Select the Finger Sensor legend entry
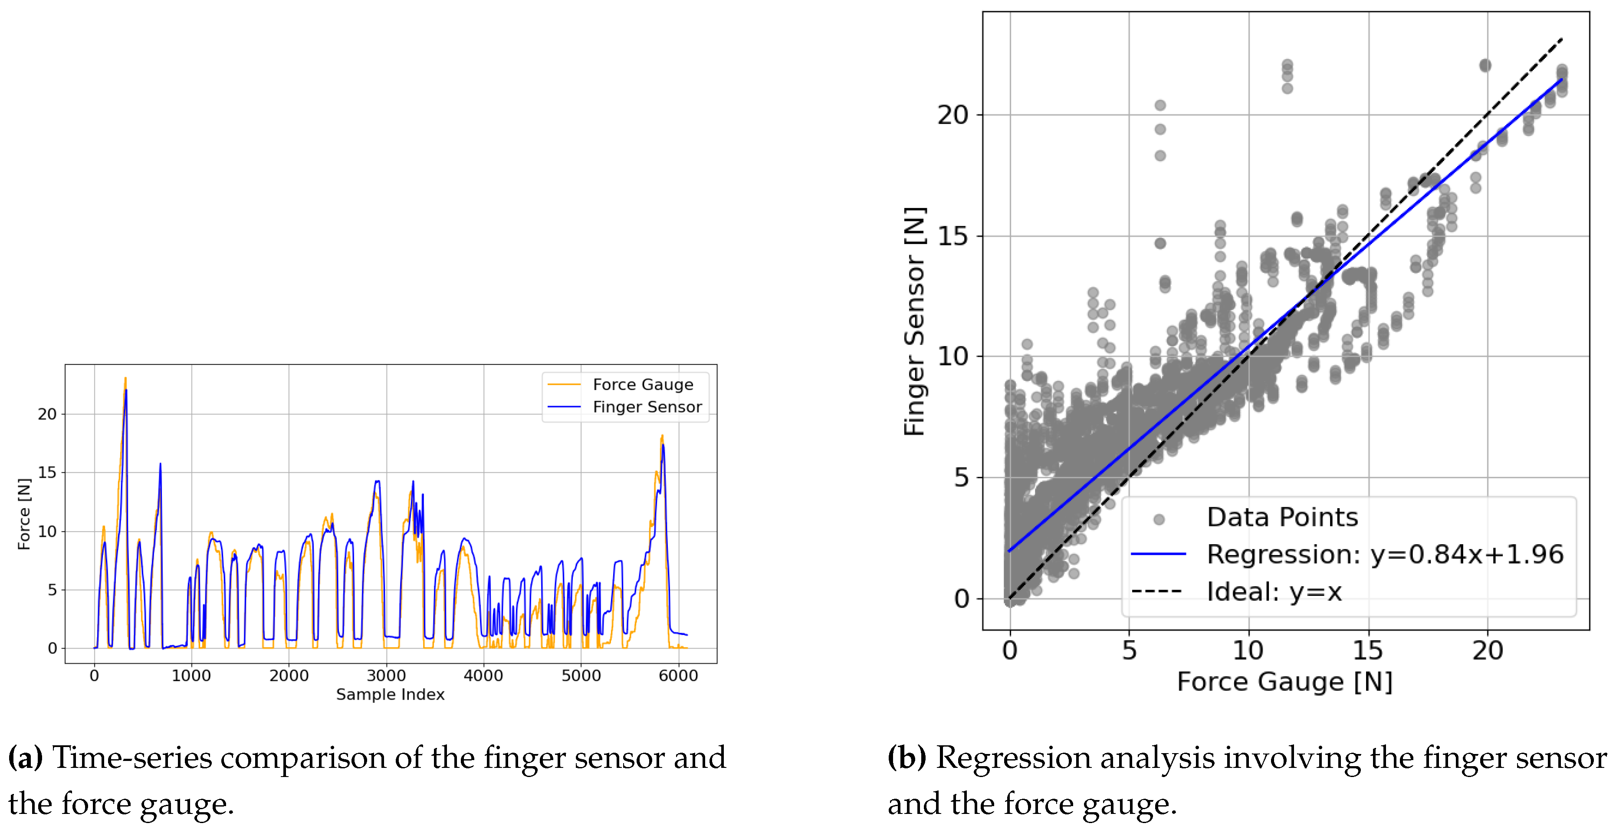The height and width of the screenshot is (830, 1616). [x=647, y=407]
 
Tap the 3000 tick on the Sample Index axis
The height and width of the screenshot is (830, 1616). [x=386, y=675]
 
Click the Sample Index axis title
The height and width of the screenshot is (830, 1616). [x=390, y=694]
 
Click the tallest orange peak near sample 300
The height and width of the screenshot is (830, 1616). [x=125, y=379]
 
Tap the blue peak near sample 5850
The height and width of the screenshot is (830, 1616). [x=663, y=445]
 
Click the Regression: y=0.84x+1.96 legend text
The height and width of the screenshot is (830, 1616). [x=1385, y=554]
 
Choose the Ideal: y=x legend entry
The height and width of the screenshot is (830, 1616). [x=1274, y=592]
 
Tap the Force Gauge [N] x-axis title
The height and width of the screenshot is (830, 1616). [x=1284, y=682]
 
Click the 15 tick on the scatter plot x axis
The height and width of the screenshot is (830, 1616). [x=1368, y=651]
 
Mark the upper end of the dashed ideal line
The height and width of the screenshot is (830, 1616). [x=1561, y=40]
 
